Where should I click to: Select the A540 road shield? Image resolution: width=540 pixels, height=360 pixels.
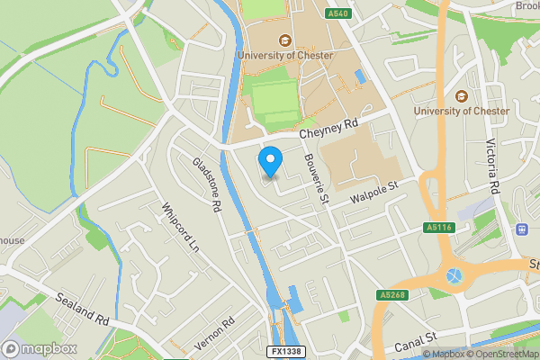[337, 13]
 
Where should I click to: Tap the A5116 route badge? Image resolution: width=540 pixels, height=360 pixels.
[438, 229]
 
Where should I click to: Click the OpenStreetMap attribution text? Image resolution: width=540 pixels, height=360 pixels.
[501, 354]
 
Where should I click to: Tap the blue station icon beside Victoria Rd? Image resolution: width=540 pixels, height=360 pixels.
[521, 229]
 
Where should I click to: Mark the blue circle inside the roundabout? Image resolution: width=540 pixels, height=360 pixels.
[453, 275]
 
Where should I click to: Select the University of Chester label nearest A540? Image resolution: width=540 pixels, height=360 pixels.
[285, 56]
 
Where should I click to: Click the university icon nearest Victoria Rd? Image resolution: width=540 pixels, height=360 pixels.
[462, 96]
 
